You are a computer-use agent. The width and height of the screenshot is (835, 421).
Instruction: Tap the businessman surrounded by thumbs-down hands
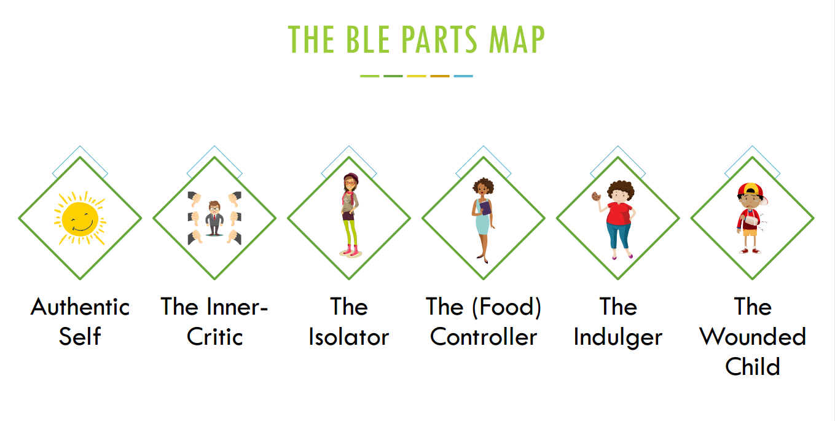[x=214, y=218]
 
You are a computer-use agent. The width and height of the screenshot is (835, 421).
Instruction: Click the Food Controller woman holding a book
[x=483, y=218]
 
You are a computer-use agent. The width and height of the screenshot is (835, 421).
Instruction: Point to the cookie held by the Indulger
[x=595, y=196]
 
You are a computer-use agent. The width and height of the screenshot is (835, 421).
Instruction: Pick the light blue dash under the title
[x=463, y=76]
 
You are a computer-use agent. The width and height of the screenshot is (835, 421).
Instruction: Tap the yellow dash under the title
[x=417, y=76]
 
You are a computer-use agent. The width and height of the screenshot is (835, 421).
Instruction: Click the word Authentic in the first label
[x=80, y=307]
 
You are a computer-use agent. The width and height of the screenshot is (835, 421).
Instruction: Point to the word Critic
[x=215, y=337]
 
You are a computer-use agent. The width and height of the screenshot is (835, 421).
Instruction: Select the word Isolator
[x=349, y=337]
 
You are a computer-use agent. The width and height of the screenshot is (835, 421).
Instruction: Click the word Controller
[x=484, y=337]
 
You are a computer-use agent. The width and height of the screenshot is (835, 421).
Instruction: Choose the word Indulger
[x=618, y=337]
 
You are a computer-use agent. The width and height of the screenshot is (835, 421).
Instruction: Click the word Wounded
[x=753, y=337]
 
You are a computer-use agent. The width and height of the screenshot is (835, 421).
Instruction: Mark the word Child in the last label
[x=753, y=366]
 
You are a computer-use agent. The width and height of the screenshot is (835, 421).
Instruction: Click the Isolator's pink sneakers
[x=349, y=250]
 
